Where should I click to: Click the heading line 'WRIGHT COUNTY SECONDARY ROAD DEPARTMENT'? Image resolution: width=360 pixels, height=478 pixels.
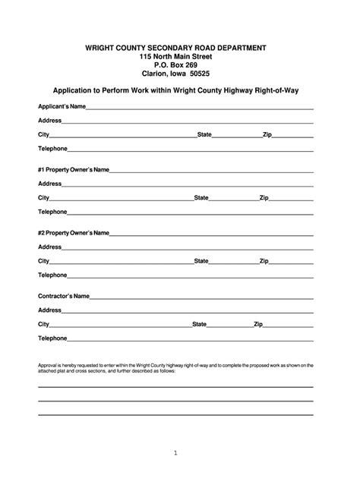pyautogui.click(x=175, y=47)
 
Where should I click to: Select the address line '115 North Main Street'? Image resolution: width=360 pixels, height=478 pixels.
pyautogui.click(x=175, y=56)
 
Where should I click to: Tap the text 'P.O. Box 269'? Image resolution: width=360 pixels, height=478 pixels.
pyautogui.click(x=175, y=65)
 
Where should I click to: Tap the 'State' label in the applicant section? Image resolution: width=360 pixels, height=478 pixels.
pyautogui.click(x=204, y=134)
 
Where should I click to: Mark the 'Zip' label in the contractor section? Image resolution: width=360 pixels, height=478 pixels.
pyautogui.click(x=258, y=324)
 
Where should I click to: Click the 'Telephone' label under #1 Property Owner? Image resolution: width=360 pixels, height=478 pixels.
pyautogui.click(x=52, y=212)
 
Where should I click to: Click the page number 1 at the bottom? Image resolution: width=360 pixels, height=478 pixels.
pyautogui.click(x=175, y=453)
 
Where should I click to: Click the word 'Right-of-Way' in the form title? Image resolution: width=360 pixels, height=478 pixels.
pyautogui.click(x=277, y=90)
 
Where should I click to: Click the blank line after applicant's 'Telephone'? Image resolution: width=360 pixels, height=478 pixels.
pyautogui.click(x=190, y=150)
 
